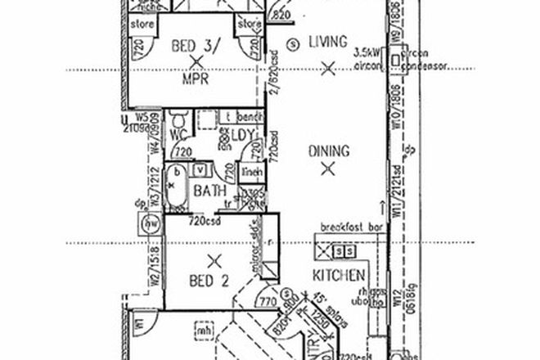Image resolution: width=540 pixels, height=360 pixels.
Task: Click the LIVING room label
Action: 329,42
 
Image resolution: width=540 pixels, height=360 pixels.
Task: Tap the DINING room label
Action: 329,151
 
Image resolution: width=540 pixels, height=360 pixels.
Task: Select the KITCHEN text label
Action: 338,277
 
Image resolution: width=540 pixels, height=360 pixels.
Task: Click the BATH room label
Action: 209,191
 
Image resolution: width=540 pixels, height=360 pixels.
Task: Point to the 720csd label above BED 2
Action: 204,221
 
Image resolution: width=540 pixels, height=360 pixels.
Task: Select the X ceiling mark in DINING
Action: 328,170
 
